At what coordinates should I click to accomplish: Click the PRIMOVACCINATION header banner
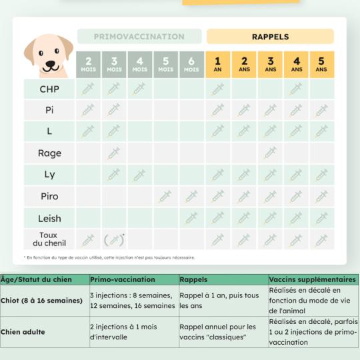139,37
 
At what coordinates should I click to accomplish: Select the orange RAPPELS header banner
270,37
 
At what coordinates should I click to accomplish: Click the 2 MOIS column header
89,64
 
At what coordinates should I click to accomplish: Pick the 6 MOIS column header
191,64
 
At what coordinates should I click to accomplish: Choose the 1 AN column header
218,64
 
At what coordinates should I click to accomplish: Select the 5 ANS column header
321,64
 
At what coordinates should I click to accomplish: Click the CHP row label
49,89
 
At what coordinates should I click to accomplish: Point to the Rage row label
49,153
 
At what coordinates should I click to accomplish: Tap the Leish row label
49,218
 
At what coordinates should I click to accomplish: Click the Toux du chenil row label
49,239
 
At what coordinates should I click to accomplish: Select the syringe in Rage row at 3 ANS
270,153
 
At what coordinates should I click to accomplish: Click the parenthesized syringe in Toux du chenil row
114,239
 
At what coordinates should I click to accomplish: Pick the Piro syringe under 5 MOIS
165,197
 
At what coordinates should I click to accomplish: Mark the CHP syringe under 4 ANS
295,89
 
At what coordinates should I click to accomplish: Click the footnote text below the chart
110,257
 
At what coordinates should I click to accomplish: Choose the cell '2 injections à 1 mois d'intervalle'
133,331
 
